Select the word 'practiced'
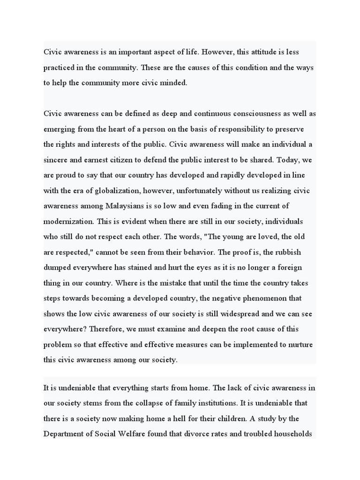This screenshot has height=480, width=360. [x=60, y=67]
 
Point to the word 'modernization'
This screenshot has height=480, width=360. [x=68, y=221]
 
